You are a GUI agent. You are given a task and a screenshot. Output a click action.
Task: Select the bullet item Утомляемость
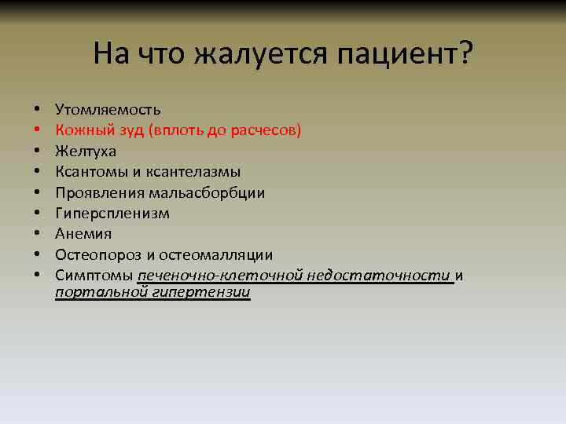point(108,109)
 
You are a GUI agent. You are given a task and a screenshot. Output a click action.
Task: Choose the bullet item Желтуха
point(86,151)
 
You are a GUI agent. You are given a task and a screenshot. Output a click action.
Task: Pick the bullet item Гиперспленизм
point(112,213)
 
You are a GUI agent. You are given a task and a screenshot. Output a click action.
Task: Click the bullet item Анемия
point(83,234)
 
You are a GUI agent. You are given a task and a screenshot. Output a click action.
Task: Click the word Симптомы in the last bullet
point(94,276)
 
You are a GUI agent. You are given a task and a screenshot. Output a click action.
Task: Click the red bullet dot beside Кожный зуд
point(37,130)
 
